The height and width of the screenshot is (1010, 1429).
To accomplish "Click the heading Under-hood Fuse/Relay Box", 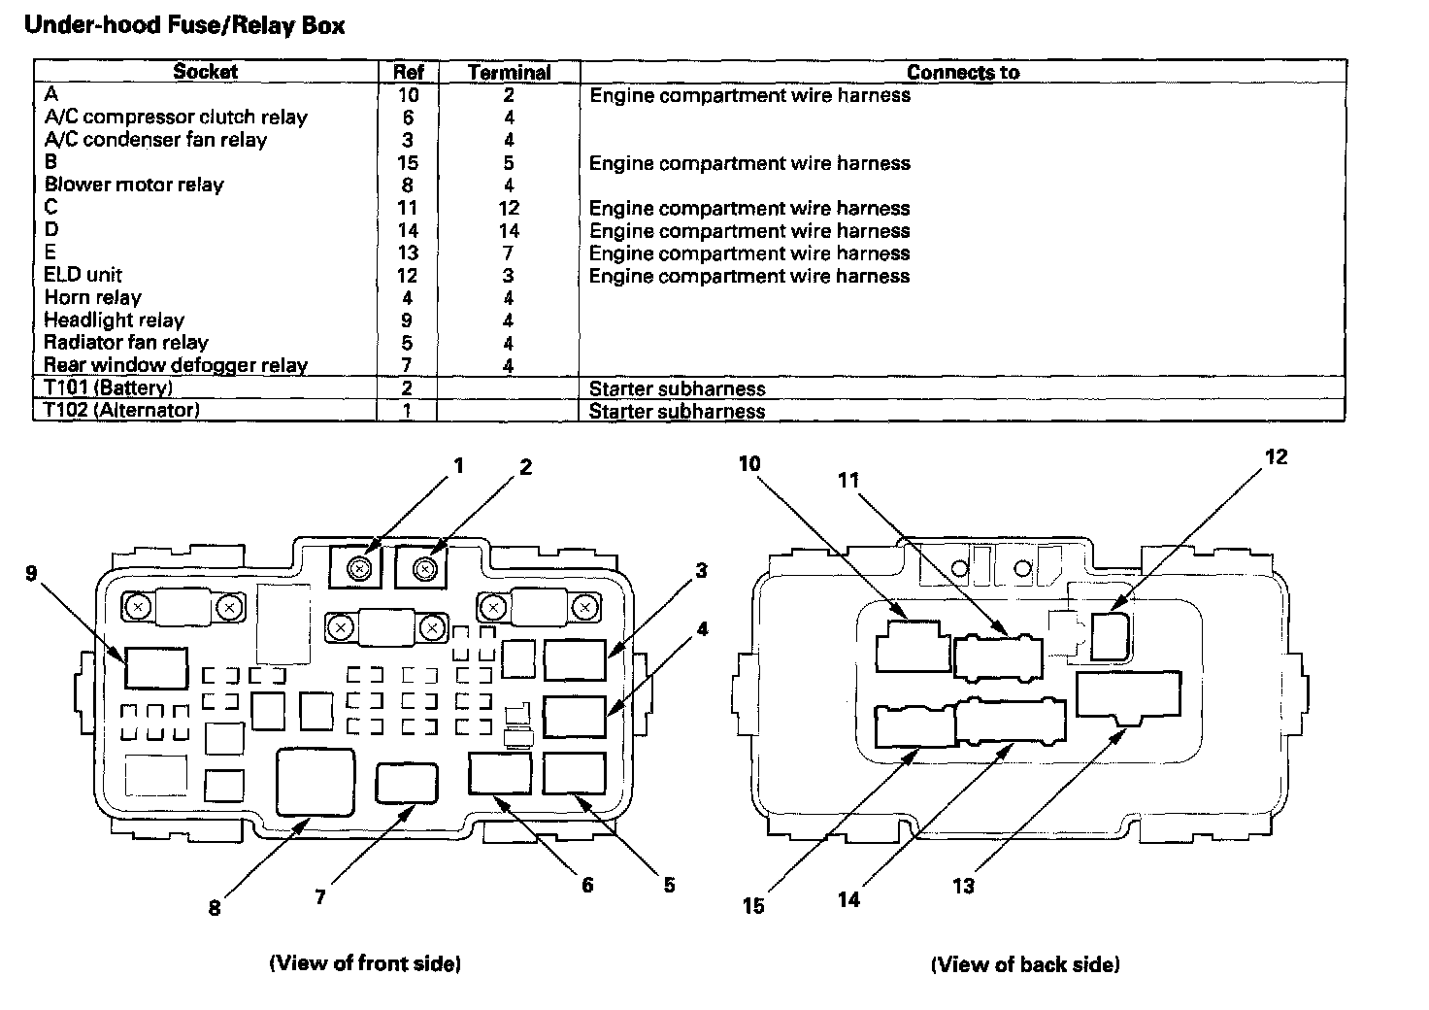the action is click(184, 25).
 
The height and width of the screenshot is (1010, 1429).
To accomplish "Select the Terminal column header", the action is click(509, 72).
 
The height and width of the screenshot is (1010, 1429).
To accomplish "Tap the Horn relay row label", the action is click(92, 297).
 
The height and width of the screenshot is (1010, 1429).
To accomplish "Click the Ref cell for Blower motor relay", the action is click(407, 185).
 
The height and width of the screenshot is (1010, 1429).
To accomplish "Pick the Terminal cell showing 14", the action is click(509, 230).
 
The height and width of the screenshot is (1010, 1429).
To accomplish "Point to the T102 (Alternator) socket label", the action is click(121, 410).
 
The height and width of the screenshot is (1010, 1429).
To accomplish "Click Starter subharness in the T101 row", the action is click(677, 388).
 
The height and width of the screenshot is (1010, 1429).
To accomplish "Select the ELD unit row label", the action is click(83, 275).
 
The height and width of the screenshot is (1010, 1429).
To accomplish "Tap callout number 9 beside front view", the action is click(31, 573).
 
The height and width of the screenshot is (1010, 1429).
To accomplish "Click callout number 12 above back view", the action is click(1276, 456).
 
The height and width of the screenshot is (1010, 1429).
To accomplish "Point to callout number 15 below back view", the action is click(752, 906).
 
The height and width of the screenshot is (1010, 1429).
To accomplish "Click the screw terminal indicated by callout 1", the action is click(360, 568).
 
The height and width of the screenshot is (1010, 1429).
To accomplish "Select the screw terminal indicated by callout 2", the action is click(425, 568).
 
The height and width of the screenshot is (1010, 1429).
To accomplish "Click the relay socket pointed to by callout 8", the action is click(316, 783).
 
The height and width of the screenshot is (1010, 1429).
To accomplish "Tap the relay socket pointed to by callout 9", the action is click(156, 668).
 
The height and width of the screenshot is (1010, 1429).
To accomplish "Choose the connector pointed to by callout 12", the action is click(1111, 636).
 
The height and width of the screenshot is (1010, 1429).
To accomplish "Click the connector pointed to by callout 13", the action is click(1128, 696).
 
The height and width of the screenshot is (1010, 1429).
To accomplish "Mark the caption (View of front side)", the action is click(365, 963).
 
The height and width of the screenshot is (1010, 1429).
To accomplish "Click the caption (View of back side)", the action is click(1025, 964).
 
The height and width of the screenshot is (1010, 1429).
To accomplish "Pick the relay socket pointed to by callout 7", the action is click(407, 783).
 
